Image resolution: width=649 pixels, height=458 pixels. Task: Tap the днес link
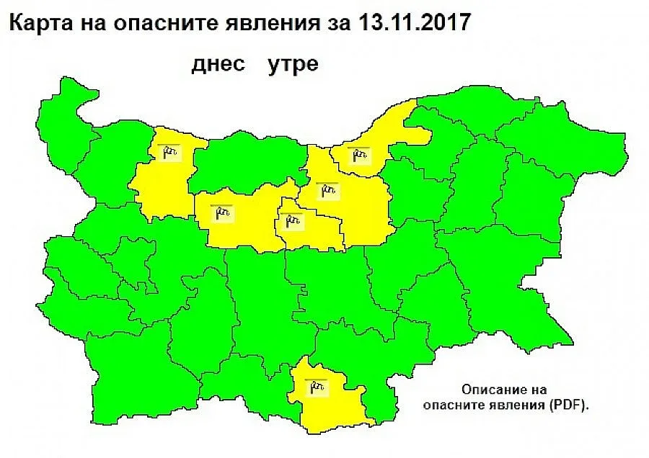pos(216,63)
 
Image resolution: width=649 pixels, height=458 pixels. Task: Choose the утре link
pos(293,63)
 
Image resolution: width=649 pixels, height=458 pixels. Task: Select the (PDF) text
pos(568,405)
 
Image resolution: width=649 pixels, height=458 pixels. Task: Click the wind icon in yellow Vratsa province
pos(169,151)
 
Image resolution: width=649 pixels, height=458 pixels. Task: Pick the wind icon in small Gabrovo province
pos(293,220)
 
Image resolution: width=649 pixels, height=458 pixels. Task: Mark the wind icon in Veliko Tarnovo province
pos(328,191)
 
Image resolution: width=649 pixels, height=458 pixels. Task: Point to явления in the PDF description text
pos(516,405)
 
